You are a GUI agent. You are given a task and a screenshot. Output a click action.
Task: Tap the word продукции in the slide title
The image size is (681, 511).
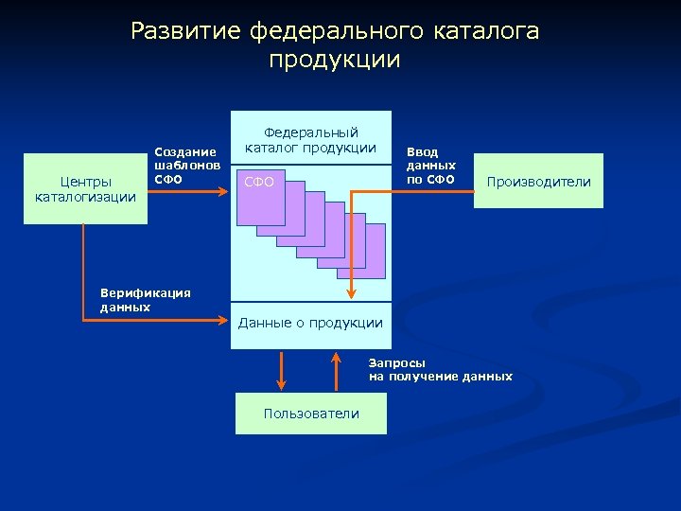(335, 61)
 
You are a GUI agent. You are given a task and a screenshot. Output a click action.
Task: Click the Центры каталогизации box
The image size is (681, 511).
(85, 188)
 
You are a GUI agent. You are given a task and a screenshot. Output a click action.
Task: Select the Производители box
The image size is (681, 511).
(538, 182)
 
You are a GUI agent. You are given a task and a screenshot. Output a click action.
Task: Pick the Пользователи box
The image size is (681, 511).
(311, 414)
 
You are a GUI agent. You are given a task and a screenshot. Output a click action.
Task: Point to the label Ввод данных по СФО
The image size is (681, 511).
(431, 166)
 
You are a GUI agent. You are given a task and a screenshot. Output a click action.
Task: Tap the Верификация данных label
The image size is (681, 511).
(145, 299)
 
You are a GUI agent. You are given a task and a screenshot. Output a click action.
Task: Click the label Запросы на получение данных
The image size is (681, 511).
(440, 369)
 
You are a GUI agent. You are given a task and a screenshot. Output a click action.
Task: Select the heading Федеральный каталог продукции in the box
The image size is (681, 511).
(311, 139)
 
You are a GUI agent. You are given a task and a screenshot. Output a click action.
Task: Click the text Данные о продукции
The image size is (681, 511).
(310, 323)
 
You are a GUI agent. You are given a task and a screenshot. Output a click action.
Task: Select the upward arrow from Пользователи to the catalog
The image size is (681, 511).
(337, 371)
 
